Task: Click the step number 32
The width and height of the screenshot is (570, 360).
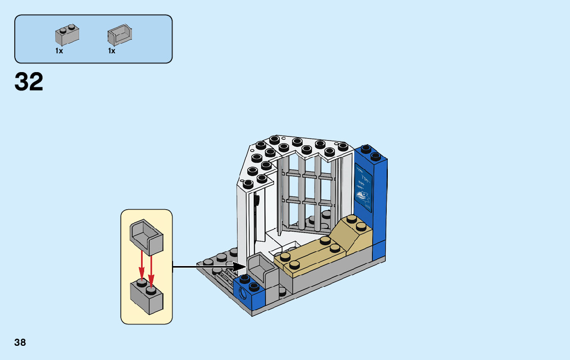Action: (29, 82)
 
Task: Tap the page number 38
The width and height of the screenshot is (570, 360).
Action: (20, 342)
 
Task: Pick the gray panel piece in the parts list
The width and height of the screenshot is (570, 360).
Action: (119, 35)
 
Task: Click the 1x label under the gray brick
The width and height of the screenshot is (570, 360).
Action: (59, 51)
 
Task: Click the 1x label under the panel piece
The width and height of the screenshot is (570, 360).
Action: (112, 51)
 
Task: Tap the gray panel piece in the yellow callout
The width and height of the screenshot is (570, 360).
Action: (147, 236)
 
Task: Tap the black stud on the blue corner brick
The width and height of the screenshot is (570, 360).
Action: (246, 278)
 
